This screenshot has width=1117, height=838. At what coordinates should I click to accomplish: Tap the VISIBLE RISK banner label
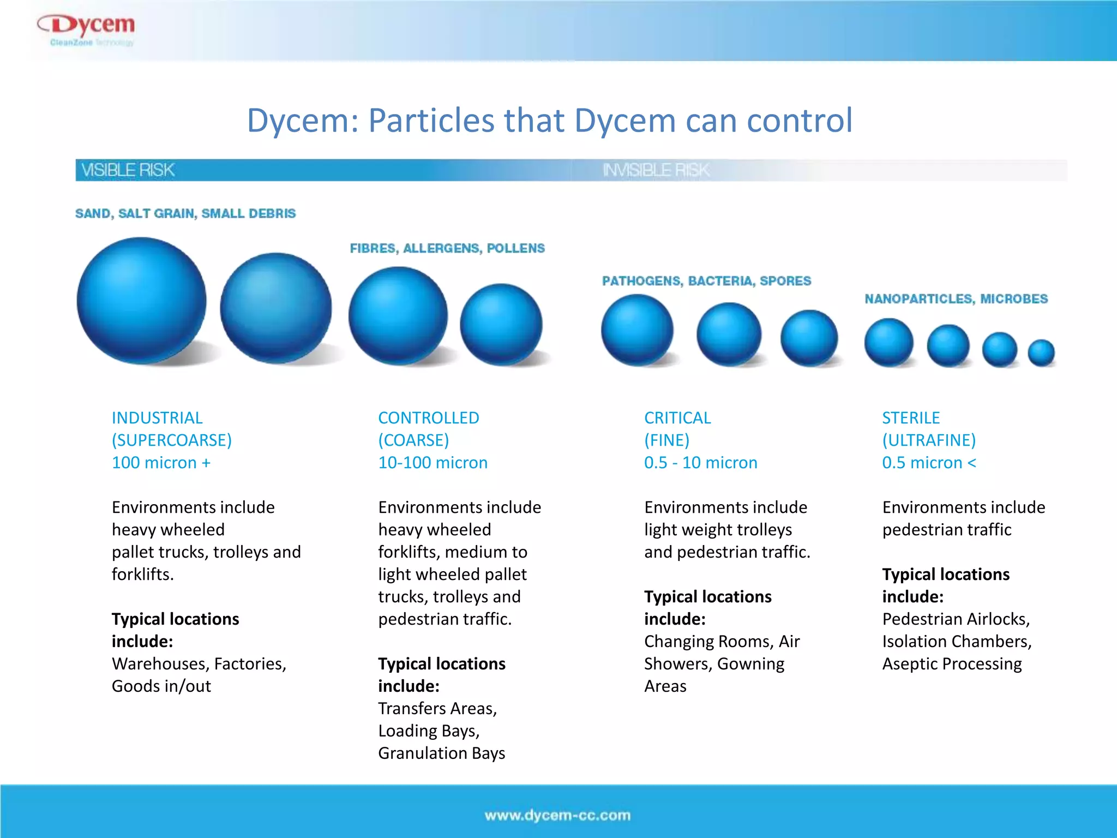point(128,170)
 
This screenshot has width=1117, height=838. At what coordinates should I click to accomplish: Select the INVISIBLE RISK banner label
point(656,170)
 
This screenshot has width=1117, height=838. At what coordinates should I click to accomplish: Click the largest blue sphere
point(141,301)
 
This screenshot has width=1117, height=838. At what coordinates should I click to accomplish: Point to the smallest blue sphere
point(1041,352)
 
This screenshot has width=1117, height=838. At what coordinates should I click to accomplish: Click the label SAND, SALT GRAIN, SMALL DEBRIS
point(185,213)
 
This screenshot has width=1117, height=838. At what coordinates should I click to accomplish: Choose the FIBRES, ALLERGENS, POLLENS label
point(447,248)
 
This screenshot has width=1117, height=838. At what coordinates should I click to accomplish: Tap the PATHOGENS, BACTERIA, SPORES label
point(706,281)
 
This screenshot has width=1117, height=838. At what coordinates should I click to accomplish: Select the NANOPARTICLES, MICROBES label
point(956,299)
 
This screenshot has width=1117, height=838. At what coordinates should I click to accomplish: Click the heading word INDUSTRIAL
point(157,418)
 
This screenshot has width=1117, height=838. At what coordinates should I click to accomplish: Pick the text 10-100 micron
point(433,463)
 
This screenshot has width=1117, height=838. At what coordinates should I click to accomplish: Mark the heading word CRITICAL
point(677,418)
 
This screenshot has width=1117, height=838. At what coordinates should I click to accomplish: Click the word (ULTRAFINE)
point(929,440)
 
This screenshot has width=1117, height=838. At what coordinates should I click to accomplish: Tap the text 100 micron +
point(161,463)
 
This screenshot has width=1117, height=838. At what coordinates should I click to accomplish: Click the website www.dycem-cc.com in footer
point(557,815)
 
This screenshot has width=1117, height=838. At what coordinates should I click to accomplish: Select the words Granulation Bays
point(441,753)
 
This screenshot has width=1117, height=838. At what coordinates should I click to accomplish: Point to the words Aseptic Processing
point(952,664)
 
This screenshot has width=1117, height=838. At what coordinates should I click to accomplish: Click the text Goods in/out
point(161,686)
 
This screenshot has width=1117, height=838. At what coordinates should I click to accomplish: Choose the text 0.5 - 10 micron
point(700,463)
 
